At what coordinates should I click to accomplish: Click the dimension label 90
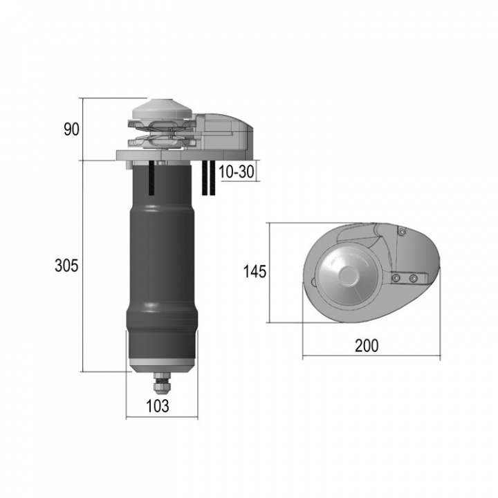71,129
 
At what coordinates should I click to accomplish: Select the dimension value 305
66,265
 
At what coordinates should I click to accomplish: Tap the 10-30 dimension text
237,172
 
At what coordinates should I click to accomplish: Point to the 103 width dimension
158,406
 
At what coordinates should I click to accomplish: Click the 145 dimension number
255,272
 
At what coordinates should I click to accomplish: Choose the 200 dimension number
367,346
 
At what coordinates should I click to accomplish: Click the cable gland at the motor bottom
162,382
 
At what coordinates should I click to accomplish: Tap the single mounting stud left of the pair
151,178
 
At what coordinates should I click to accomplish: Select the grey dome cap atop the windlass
162,109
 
